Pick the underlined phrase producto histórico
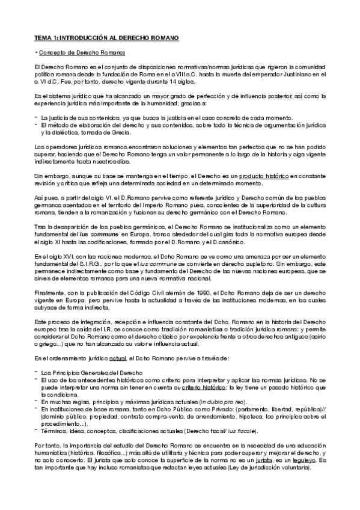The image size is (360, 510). tap(264, 175)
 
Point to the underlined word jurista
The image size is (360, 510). tap(263, 459)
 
